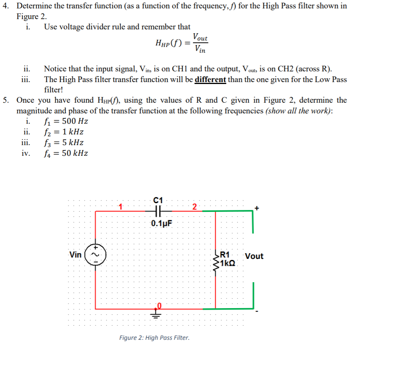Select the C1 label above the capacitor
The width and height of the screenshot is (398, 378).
point(158,200)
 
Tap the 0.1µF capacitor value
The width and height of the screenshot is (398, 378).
point(162,223)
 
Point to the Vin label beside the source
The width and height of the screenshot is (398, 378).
point(76,255)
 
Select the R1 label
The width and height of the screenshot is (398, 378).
point(225,255)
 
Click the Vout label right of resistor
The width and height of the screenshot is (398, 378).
point(254,256)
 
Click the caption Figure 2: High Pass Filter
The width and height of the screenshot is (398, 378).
point(154,338)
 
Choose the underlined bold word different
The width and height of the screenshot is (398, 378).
point(210,79)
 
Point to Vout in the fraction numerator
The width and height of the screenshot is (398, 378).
point(200,37)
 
